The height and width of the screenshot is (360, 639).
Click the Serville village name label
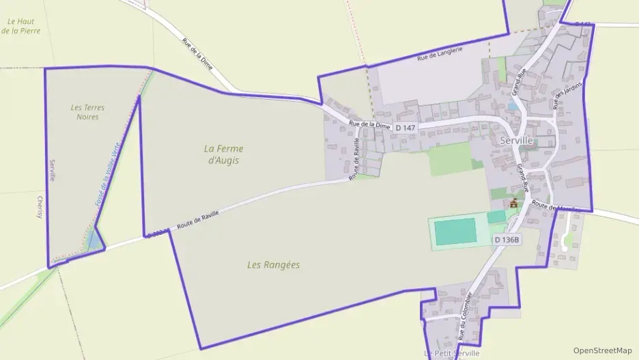[x=516, y=139]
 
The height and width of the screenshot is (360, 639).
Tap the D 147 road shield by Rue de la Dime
[x=405, y=128]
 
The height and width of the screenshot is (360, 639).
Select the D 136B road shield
[x=507, y=240]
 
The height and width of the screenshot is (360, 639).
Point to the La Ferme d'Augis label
[x=224, y=154]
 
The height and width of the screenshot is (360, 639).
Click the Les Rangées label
[x=273, y=265]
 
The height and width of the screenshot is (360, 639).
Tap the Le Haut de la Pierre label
[x=20, y=26]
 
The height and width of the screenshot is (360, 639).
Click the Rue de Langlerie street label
[x=440, y=53]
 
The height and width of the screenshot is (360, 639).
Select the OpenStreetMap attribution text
[x=603, y=350]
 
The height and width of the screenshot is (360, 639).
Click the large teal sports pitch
[x=455, y=232]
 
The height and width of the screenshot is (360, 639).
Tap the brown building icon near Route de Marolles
[x=513, y=203]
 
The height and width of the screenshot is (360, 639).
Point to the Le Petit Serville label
[x=451, y=353]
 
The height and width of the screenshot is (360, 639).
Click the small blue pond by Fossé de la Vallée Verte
[x=93, y=240]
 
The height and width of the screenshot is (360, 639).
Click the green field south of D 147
[x=450, y=159]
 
